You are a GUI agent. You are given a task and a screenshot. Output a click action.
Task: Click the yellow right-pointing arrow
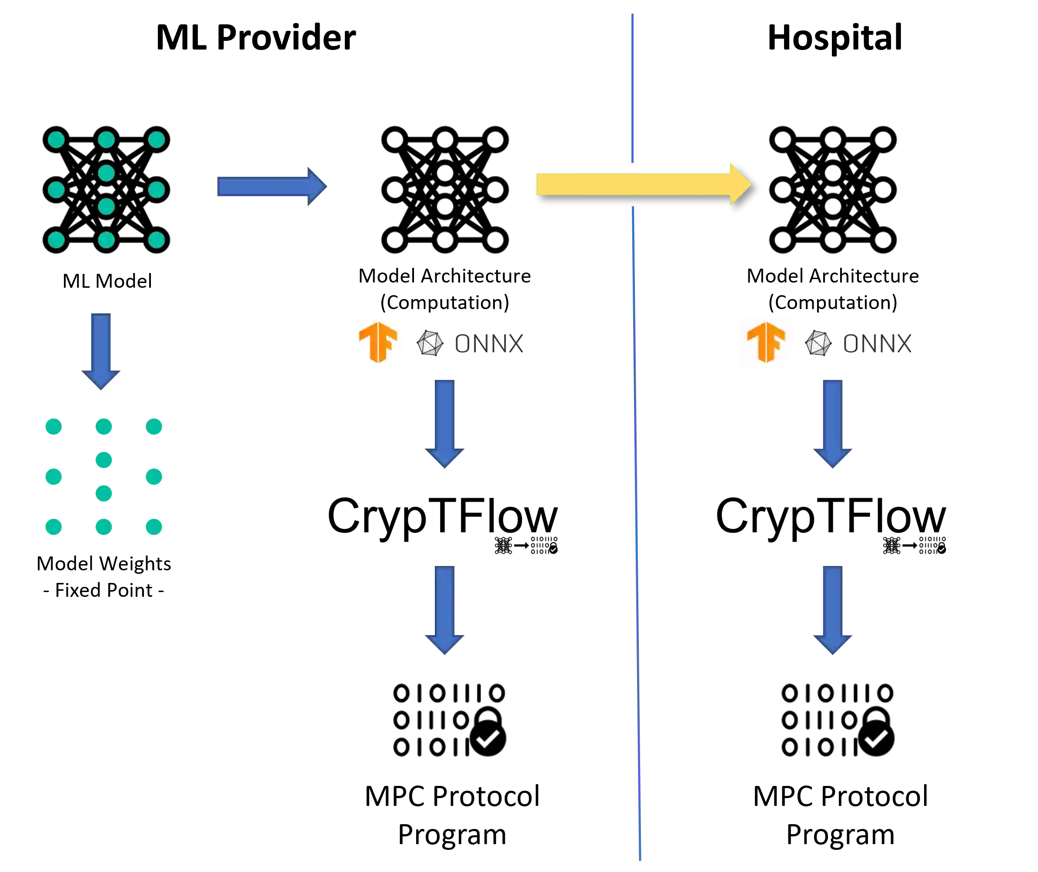point(643,184)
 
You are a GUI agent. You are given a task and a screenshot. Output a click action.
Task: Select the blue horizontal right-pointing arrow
point(272,186)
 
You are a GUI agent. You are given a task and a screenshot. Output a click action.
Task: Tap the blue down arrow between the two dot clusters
point(101,351)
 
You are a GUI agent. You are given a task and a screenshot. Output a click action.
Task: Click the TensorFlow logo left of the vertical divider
point(379,344)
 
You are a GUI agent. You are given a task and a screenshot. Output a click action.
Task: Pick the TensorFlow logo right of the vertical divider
point(767,344)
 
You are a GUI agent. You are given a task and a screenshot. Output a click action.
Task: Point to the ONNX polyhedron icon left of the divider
point(430,343)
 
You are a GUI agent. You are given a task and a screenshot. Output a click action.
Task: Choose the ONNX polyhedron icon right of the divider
point(818,343)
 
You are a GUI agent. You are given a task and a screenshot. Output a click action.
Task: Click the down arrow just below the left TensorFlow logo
point(445,423)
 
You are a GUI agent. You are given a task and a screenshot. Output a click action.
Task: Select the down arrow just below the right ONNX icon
point(833,423)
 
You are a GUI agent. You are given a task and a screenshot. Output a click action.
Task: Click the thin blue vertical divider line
point(636,494)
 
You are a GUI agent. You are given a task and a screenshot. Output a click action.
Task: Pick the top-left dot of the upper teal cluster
point(57,140)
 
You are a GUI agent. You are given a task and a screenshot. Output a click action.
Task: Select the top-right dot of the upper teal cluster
point(156,140)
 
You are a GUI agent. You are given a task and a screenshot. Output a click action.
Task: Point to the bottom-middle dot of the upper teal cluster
point(106,240)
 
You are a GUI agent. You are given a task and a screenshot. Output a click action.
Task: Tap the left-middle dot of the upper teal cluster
point(57,190)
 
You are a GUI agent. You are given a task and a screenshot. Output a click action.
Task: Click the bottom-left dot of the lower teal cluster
point(54,527)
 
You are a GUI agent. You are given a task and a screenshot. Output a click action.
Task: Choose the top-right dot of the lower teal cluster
point(154,426)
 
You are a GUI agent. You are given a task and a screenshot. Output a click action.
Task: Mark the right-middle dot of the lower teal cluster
point(154,477)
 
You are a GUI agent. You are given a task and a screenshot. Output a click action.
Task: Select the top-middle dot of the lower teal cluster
point(104,426)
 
